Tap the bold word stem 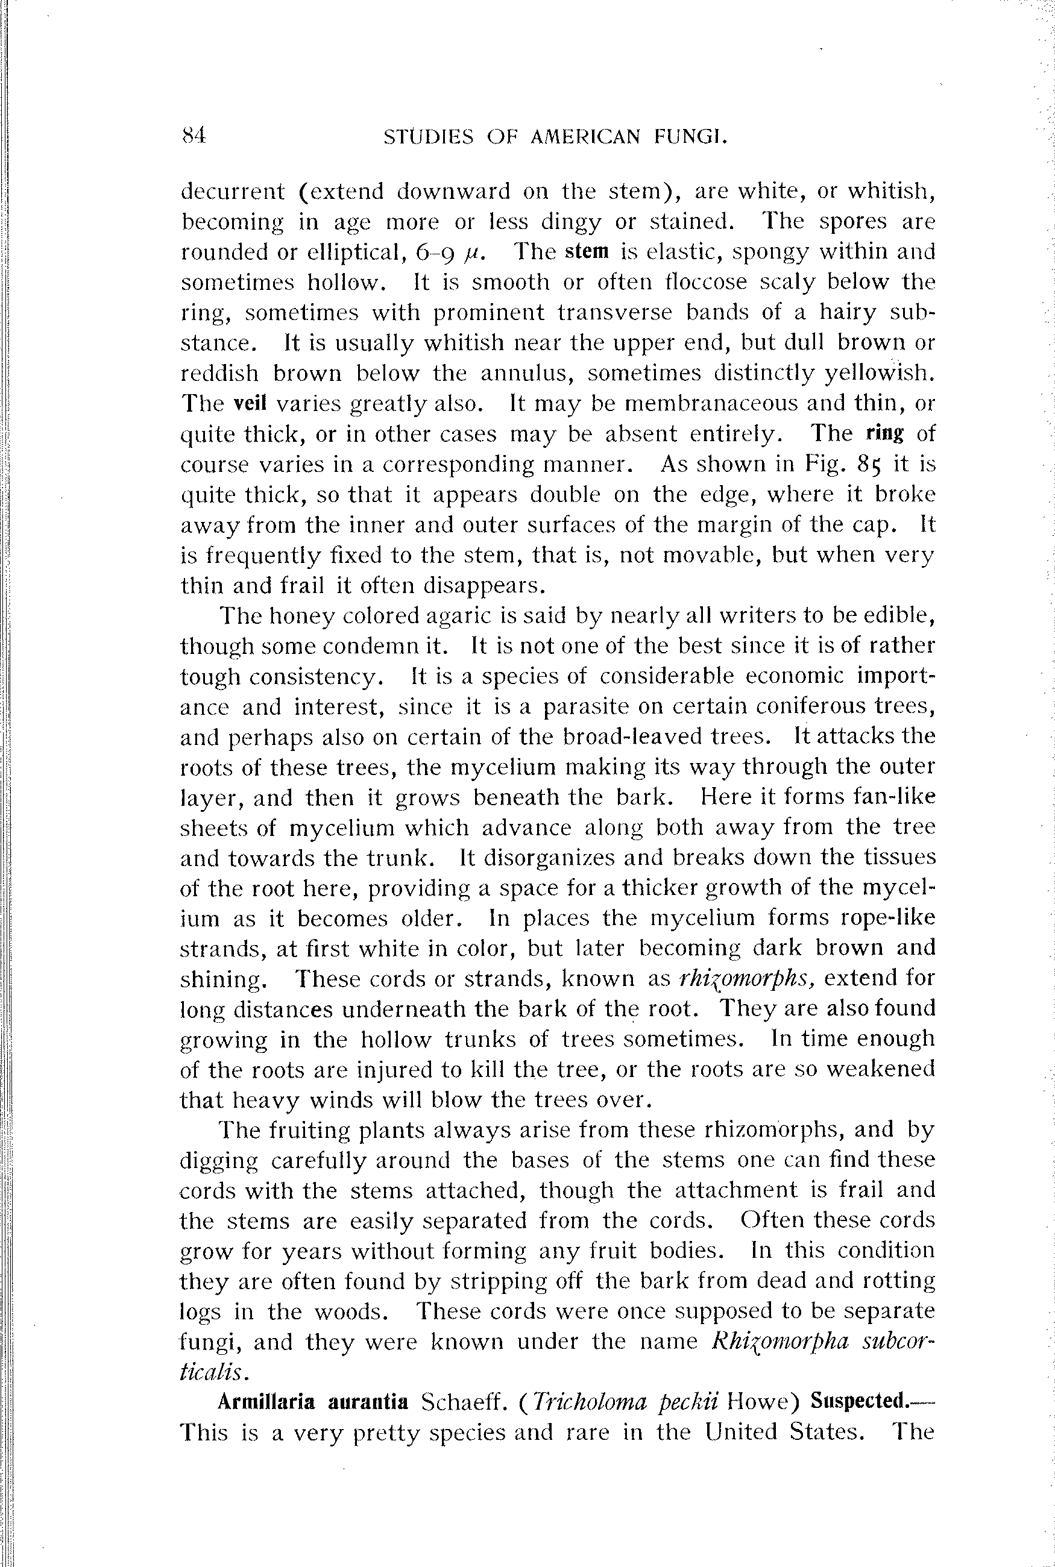[x=587, y=251]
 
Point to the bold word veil [x=250, y=404]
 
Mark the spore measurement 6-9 [x=437, y=252]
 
